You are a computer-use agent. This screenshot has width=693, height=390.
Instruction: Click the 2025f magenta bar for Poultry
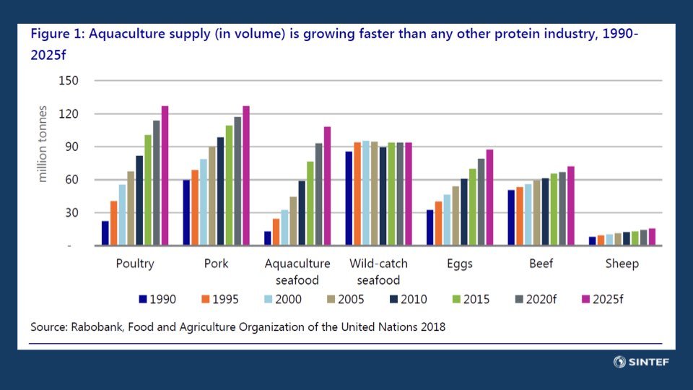(165, 176)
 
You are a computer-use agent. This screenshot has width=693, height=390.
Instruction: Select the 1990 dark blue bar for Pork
(186, 213)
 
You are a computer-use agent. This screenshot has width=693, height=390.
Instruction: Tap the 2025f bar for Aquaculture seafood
(327, 186)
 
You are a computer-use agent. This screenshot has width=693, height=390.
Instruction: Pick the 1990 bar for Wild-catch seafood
(349, 199)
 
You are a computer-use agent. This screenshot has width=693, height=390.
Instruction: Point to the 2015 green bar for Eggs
(473, 207)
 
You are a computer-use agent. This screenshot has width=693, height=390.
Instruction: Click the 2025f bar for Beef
(571, 207)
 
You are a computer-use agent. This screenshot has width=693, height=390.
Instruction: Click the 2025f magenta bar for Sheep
(652, 238)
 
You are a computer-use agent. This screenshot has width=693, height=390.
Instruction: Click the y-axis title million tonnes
(43, 144)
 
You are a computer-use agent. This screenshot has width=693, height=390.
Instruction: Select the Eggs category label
(459, 264)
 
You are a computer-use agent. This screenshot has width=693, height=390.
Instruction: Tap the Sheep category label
(622, 264)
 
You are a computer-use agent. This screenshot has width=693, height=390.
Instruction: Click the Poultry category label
(135, 264)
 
